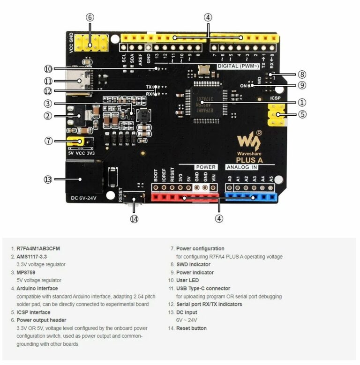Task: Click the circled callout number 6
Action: point(90,17)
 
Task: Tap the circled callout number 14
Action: point(135,218)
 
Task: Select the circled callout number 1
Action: point(302,102)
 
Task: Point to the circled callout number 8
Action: point(302,74)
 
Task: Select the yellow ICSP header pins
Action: point(277,116)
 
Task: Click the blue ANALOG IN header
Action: point(251,197)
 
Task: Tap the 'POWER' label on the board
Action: point(205,167)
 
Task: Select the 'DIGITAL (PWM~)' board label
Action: point(236,66)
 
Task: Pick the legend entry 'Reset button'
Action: point(191,328)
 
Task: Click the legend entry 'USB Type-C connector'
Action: point(204,288)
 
